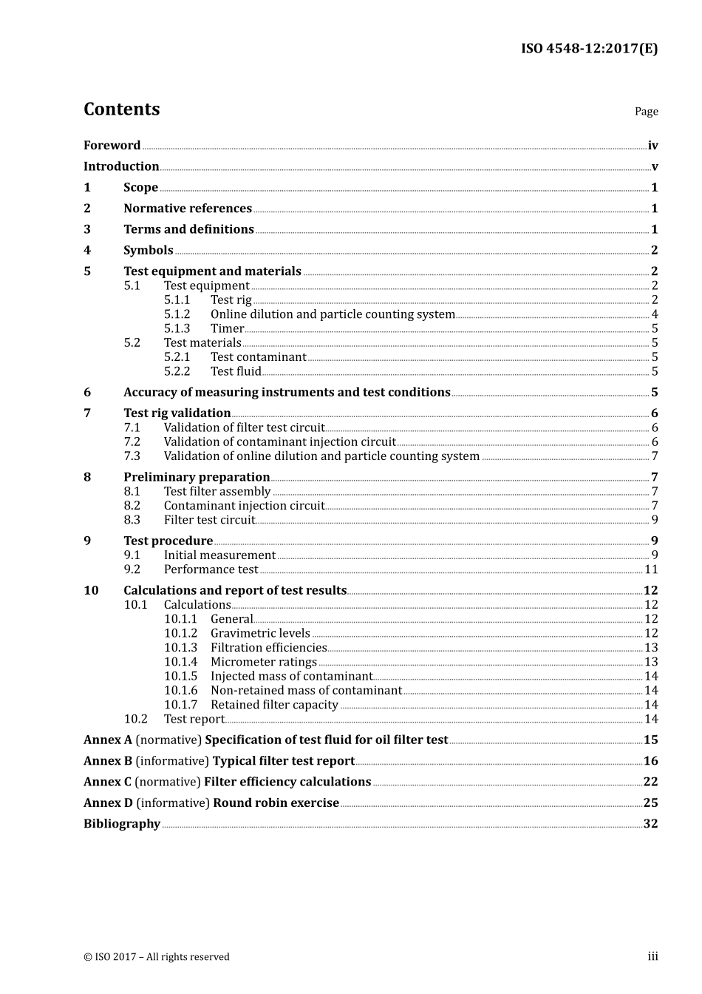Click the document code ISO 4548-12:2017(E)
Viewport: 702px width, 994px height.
click(x=589, y=49)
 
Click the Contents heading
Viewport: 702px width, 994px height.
click(x=121, y=109)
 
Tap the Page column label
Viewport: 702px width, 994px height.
click(x=646, y=112)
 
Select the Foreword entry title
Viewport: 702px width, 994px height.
click(x=112, y=146)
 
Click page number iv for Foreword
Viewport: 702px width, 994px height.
click(x=652, y=146)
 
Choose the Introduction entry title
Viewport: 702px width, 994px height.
click(x=121, y=166)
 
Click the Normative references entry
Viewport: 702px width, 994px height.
click(x=188, y=209)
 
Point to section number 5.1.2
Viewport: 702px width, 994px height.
click(x=177, y=314)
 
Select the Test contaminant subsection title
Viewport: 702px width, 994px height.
click(x=258, y=357)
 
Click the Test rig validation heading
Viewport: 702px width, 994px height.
click(x=177, y=413)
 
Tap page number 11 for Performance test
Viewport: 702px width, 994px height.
click(x=651, y=569)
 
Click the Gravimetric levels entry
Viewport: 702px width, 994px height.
click(x=260, y=633)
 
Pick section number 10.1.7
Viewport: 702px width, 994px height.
click(x=180, y=705)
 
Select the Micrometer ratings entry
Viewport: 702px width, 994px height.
click(x=264, y=662)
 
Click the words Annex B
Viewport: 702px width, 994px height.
click(x=108, y=761)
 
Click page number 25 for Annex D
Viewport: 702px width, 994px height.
click(x=650, y=803)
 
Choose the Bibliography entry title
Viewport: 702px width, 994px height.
click(x=122, y=824)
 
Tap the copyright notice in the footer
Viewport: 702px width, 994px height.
click(x=157, y=957)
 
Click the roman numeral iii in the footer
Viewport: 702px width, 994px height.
click(x=652, y=957)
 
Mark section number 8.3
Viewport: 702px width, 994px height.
click(x=132, y=520)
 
